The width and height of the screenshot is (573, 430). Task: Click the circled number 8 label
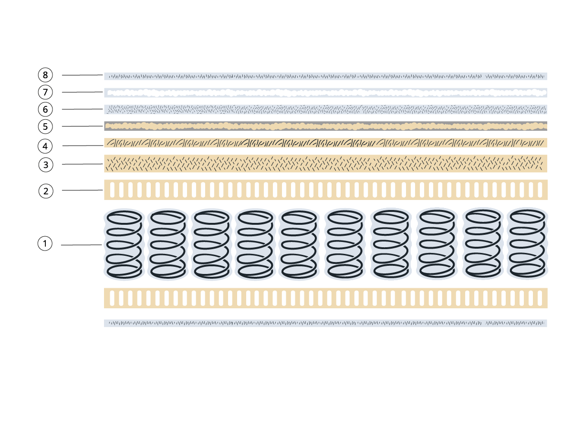(45, 75)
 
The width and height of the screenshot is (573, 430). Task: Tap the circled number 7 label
(45, 92)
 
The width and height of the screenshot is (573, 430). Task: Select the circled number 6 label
(45, 109)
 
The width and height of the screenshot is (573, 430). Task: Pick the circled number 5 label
(45, 126)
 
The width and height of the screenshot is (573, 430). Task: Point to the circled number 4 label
(45, 146)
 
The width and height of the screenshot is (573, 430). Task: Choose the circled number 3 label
(46, 165)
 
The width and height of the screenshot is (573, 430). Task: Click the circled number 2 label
(46, 191)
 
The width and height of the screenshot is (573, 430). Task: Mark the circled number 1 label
(45, 243)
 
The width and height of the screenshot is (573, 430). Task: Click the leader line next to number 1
(81, 245)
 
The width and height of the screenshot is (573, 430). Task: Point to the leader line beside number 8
(82, 75)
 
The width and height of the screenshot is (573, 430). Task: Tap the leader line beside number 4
(83, 146)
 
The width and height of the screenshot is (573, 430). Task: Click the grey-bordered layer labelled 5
(325, 126)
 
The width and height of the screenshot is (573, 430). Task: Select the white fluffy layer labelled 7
(325, 93)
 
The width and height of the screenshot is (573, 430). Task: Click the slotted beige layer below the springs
(325, 298)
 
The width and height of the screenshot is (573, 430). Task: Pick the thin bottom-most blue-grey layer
(325, 323)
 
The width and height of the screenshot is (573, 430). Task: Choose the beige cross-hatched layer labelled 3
(325, 163)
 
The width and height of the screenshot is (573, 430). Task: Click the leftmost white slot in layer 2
(112, 190)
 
